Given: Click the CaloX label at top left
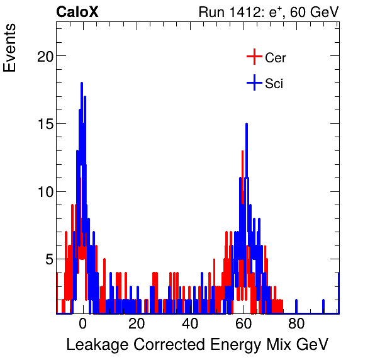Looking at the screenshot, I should [x=77, y=12].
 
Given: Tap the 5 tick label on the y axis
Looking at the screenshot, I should [x=46, y=259].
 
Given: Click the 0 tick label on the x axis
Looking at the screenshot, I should [x=83, y=324].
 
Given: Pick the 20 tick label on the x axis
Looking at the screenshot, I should [x=136, y=324].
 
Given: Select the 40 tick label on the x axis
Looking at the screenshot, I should [x=189, y=324].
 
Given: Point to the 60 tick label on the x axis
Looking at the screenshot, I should [x=243, y=324].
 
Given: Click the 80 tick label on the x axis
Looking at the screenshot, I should [x=296, y=324].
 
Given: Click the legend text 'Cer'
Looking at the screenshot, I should [x=275, y=58].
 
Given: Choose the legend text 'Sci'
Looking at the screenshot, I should [x=274, y=84].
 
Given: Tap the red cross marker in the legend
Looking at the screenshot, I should [x=254, y=57].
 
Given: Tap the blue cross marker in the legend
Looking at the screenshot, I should [x=254, y=83].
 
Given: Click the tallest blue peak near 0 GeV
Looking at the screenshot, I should [x=81, y=84].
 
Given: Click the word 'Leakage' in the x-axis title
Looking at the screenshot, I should [x=92, y=345].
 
